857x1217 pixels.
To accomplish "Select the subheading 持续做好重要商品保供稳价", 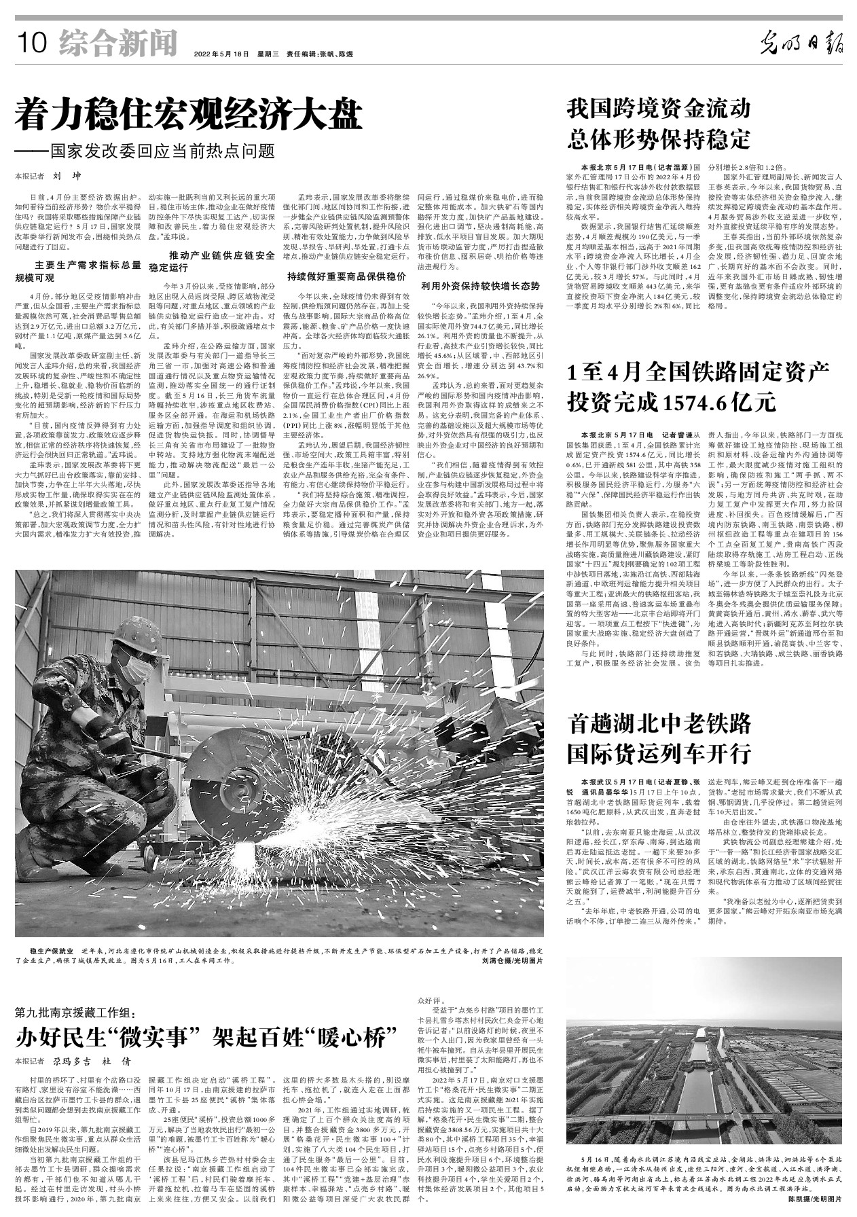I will pyautogui.click(x=346, y=276).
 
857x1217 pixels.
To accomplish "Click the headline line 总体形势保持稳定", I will pyautogui.click(x=658, y=139).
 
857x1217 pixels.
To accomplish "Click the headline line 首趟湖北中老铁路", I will pyautogui.click(x=658, y=722).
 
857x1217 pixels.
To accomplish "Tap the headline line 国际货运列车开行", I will pyautogui.click(x=658, y=753).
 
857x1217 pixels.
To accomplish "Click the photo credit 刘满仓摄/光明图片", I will pyautogui.click(x=513, y=961).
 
